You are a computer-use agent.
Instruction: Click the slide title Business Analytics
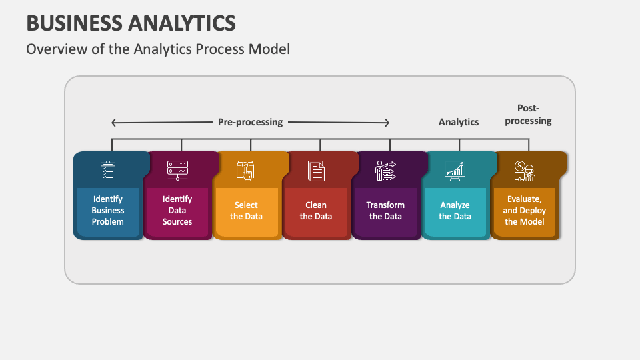(x=131, y=23)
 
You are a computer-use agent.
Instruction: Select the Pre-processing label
(x=250, y=122)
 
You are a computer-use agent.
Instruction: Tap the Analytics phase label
(x=459, y=122)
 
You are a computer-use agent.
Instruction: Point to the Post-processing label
(x=528, y=114)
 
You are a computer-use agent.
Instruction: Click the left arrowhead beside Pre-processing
(x=114, y=123)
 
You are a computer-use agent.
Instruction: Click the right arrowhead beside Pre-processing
(x=387, y=123)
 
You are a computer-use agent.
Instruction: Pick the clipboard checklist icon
(x=108, y=171)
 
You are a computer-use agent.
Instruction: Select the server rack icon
(x=177, y=170)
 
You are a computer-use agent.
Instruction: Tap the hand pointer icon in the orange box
(x=245, y=171)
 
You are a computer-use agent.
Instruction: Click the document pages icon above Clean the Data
(x=316, y=171)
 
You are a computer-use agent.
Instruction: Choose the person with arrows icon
(x=385, y=171)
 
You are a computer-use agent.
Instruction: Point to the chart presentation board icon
(x=455, y=171)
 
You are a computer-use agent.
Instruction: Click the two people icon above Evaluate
(x=525, y=171)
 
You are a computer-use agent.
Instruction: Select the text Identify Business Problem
(x=108, y=210)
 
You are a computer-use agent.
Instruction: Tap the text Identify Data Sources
(x=177, y=210)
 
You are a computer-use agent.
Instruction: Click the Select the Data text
(x=246, y=211)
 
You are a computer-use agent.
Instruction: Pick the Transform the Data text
(x=385, y=211)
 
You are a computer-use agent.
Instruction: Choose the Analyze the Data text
(x=455, y=211)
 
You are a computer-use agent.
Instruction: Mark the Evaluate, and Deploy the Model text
(x=525, y=210)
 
